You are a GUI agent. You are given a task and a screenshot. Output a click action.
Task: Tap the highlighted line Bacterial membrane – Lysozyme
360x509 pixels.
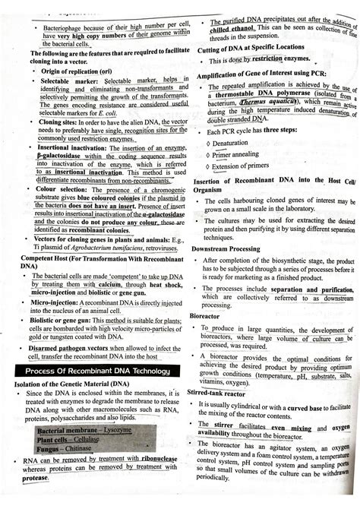tap(84, 430)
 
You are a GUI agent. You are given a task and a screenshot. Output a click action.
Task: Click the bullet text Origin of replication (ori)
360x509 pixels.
tap(81, 71)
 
